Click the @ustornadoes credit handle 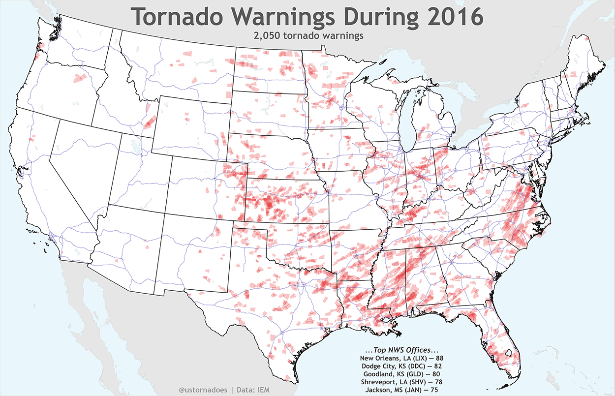click(202, 390)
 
